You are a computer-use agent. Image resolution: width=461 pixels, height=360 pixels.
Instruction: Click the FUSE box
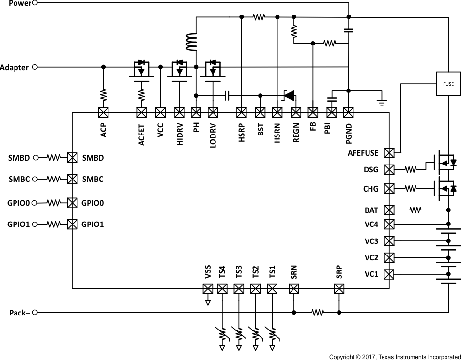448,84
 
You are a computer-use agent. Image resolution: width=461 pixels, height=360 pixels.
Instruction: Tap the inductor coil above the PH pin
191,42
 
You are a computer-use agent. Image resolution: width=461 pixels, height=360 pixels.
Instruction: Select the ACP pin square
103,112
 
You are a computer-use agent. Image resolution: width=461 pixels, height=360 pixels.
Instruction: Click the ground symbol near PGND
381,102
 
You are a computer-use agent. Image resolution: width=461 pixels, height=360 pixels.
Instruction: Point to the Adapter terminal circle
34,67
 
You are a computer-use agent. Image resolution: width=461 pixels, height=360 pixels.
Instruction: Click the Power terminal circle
34,3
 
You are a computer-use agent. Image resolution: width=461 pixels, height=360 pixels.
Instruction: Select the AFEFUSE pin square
389,153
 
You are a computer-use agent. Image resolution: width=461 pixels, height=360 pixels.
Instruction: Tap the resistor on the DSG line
411,169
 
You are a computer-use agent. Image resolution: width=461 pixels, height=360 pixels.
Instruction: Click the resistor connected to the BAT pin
415,210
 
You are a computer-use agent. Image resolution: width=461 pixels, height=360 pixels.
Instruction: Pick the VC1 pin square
389,274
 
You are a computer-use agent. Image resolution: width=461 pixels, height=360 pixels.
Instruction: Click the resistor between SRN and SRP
318,313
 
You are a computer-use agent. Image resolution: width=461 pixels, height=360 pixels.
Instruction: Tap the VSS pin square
208,289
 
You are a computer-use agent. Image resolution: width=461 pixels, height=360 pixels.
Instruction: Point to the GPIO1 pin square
72,224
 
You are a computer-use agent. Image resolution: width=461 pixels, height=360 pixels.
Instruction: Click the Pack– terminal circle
34,313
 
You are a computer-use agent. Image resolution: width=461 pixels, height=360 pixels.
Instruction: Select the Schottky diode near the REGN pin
289,95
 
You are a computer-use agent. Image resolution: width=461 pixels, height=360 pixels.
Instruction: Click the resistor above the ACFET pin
142,94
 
